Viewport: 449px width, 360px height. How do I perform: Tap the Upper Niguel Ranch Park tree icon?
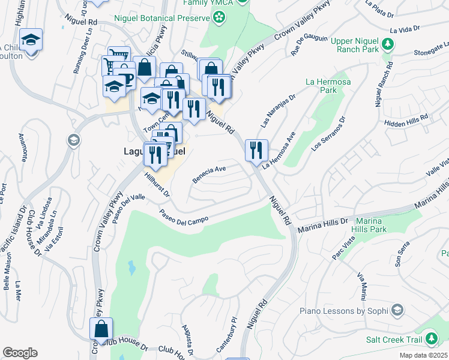[388, 44]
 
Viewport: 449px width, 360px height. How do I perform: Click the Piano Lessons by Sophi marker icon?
[397, 310]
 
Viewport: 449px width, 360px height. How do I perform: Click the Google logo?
[20, 353]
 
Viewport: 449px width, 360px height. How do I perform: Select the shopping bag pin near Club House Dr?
[101, 329]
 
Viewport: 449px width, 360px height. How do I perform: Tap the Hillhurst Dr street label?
[158, 185]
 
